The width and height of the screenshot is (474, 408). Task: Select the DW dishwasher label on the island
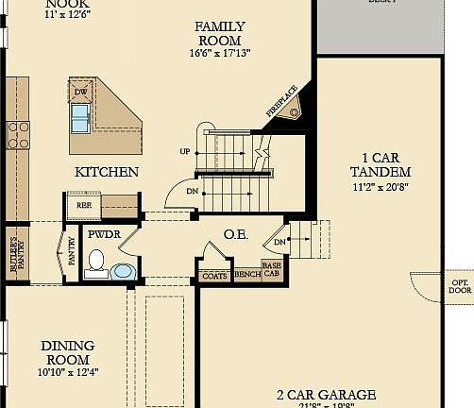tap(81, 92)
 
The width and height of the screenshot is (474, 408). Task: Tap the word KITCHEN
tap(107, 172)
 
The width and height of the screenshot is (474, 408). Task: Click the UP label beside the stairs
tap(184, 151)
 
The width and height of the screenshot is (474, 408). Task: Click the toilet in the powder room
tap(94, 262)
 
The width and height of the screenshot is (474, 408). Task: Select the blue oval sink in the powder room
tap(123, 272)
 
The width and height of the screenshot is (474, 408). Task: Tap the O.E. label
tap(235, 234)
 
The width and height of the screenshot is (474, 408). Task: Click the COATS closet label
tap(213, 276)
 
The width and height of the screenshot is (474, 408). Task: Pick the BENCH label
tap(246, 275)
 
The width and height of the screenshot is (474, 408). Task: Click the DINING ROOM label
tap(66, 352)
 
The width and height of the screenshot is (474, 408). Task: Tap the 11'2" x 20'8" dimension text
tap(380, 188)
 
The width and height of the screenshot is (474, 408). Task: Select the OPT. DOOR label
tap(460, 286)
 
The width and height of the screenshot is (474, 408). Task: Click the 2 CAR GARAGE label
tap(326, 395)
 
